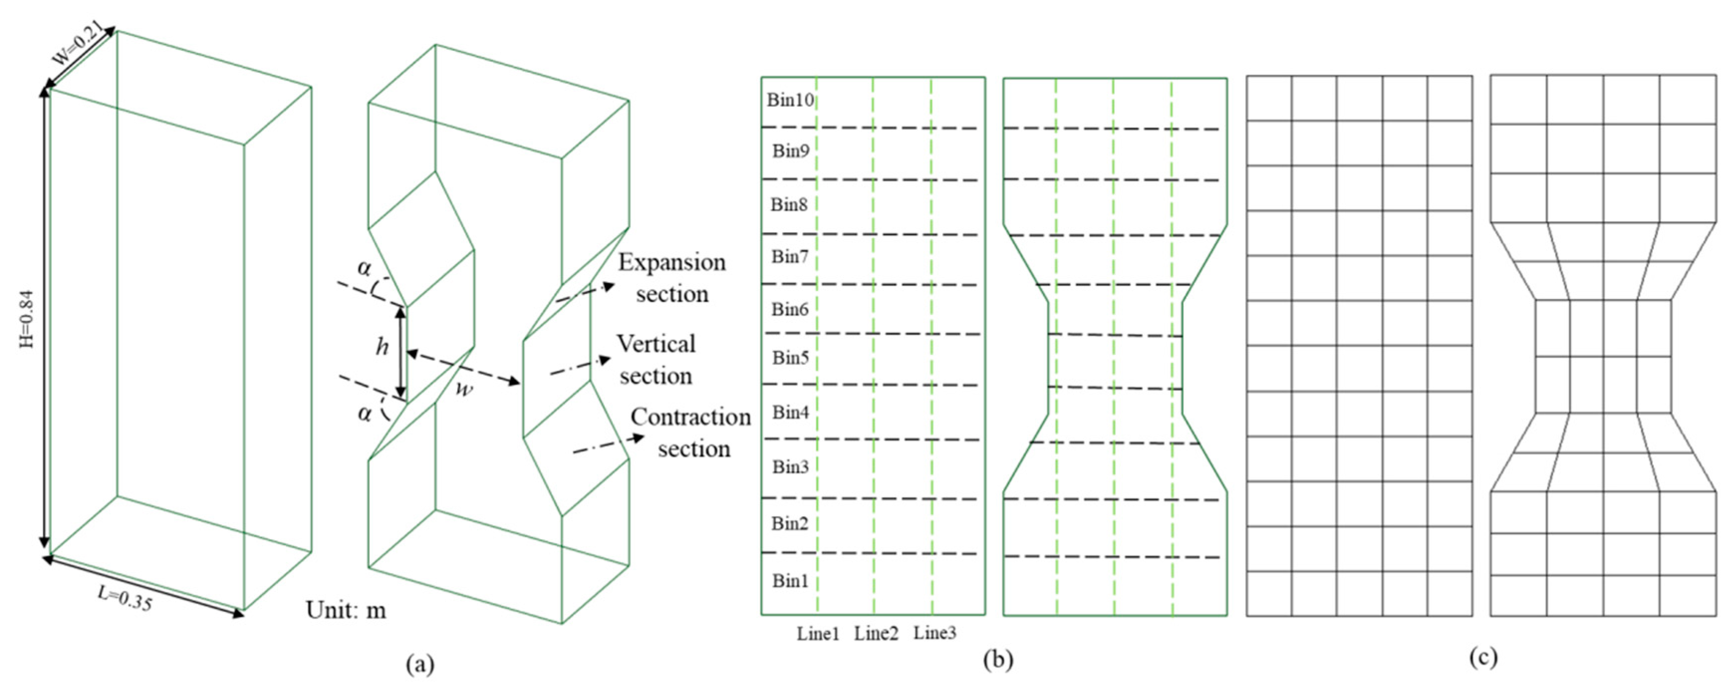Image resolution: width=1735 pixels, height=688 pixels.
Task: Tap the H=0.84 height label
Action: point(27,319)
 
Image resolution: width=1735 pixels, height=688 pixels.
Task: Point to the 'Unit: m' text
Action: point(346,610)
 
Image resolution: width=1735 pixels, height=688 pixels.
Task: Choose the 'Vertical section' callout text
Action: point(655,360)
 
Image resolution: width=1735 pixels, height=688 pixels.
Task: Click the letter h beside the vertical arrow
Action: point(382,347)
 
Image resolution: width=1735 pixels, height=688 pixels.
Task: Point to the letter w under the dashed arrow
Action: point(462,389)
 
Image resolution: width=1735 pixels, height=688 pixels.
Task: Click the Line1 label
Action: point(818,633)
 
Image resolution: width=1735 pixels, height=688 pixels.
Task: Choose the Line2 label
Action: point(876,633)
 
